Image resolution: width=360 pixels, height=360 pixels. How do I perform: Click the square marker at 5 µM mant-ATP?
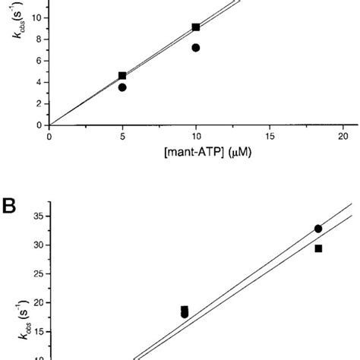122,76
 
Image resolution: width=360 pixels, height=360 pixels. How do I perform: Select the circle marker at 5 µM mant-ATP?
122,87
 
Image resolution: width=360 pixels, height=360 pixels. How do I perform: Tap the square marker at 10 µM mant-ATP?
196,27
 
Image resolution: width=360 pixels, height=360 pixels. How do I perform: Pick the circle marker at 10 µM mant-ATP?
196,48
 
